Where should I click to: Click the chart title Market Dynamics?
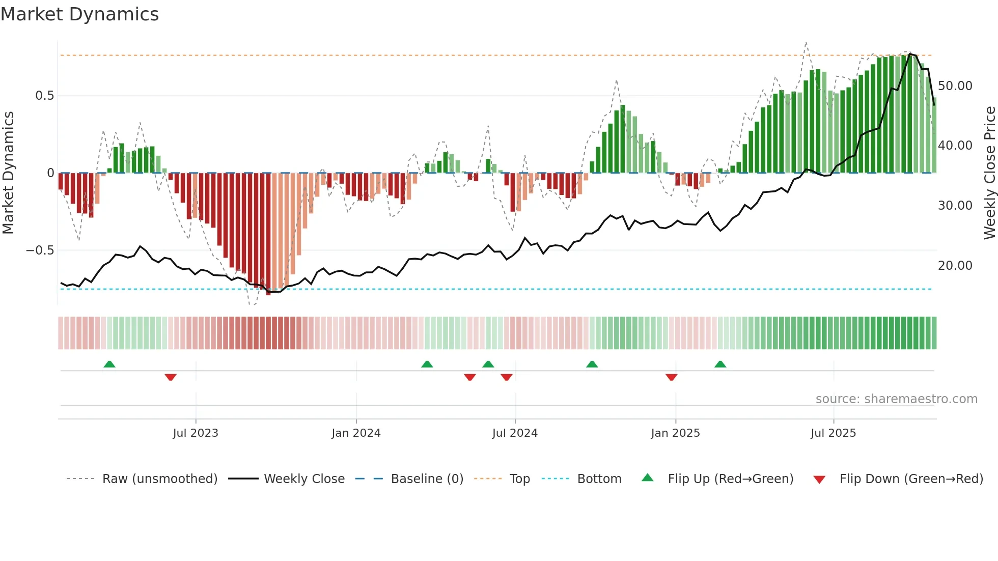click(79, 14)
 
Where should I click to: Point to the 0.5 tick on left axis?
click(44, 96)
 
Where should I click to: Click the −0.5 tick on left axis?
click(40, 250)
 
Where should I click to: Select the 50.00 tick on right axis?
click(955, 86)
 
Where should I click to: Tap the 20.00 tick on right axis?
click(955, 266)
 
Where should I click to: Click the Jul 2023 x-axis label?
click(196, 433)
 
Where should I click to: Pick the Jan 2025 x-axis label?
click(675, 433)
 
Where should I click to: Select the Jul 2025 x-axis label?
click(833, 433)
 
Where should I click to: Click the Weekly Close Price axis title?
click(989, 173)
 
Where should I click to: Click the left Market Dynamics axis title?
click(8, 173)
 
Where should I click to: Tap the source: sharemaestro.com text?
click(896, 399)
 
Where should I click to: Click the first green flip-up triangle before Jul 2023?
click(109, 364)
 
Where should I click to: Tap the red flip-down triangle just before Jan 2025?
click(671, 377)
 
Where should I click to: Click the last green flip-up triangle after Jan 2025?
click(720, 364)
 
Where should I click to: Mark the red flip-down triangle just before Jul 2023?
click(171, 377)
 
